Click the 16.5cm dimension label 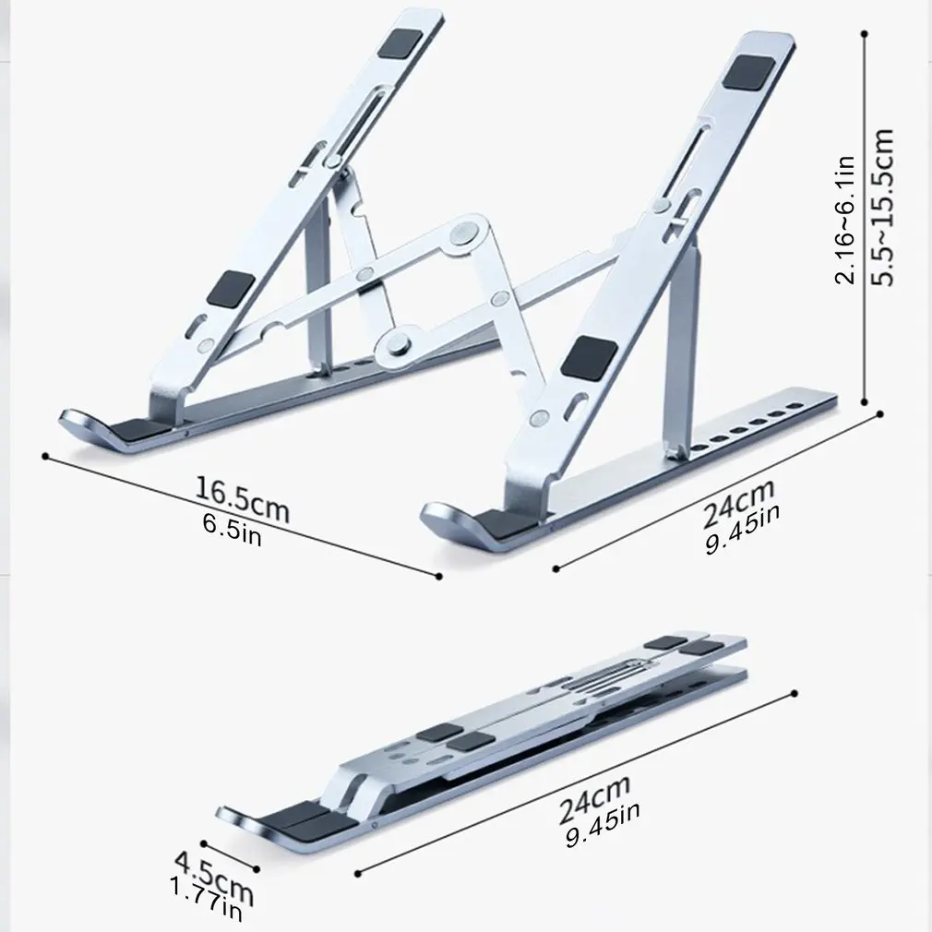pos(243,499)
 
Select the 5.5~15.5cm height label pos(883,207)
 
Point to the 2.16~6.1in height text pos(845,220)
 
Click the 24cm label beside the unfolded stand pos(739,504)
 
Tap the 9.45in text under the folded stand pos(603,824)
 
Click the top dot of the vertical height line pos(865,34)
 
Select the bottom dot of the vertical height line pos(865,402)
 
